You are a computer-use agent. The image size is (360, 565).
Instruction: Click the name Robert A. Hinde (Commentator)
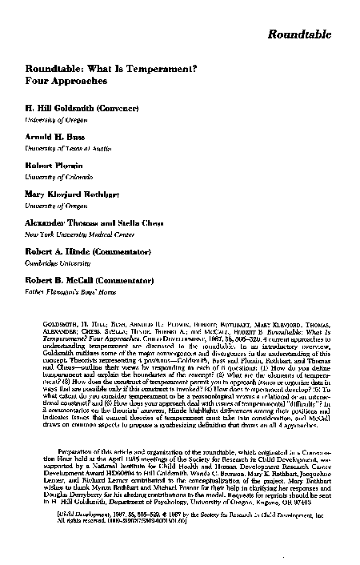coord(89,252)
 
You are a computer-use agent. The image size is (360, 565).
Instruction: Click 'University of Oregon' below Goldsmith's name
coord(54,118)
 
